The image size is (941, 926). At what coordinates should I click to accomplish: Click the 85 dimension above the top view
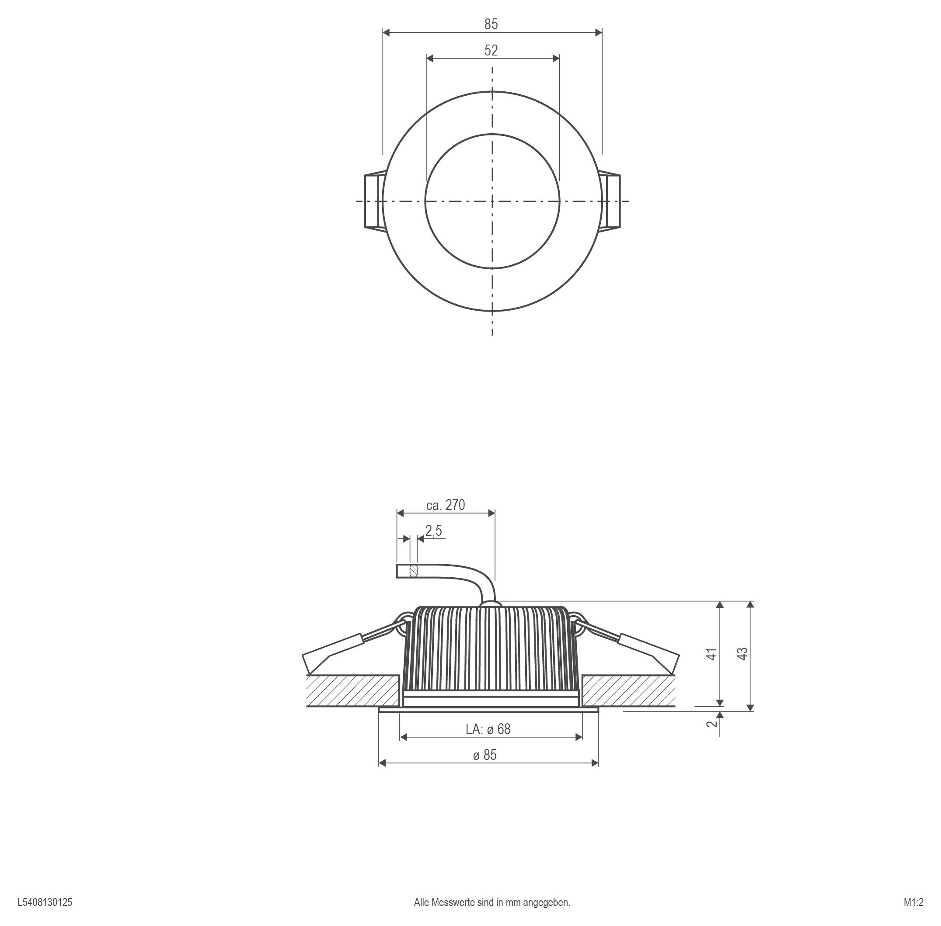pyautogui.click(x=491, y=24)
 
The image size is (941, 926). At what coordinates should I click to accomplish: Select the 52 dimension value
pyautogui.click(x=491, y=50)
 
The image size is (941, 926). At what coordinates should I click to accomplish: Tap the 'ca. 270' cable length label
pyautogui.click(x=445, y=505)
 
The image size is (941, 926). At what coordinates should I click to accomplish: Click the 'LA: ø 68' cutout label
pyautogui.click(x=488, y=729)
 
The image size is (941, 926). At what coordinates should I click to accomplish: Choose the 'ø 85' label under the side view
pyautogui.click(x=484, y=755)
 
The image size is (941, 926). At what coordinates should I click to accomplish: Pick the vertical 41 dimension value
pyautogui.click(x=712, y=654)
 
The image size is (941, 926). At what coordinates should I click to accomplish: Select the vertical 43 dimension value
pyautogui.click(x=742, y=654)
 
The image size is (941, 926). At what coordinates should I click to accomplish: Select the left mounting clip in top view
pyautogui.click(x=374, y=201)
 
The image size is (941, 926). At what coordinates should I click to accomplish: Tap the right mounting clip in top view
pyautogui.click(x=610, y=201)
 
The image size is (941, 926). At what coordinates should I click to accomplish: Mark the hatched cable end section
pyautogui.click(x=414, y=570)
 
